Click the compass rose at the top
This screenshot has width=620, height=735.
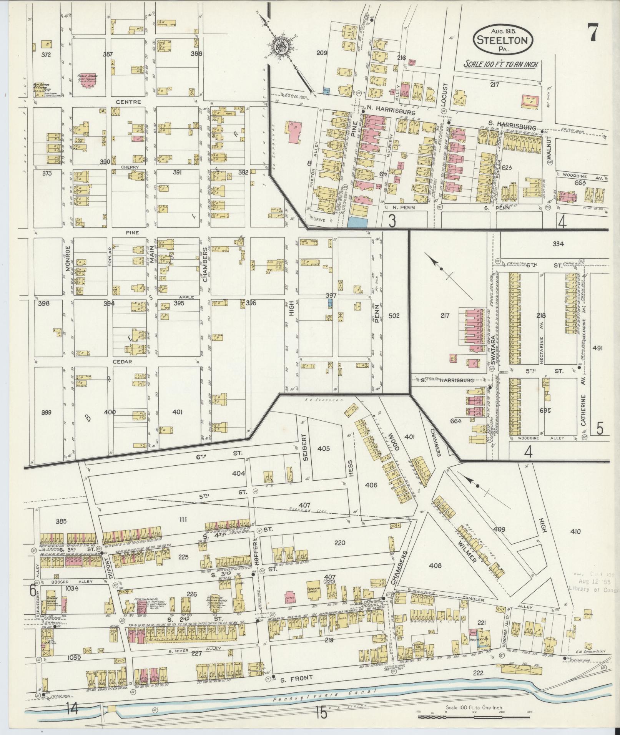point(280,46)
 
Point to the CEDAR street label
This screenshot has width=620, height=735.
point(122,362)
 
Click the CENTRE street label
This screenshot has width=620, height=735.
point(128,102)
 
